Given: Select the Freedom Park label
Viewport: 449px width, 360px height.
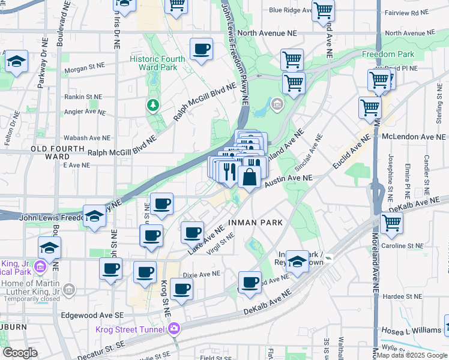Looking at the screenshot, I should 388,54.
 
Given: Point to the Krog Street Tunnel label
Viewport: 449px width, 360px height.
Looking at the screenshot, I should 131,329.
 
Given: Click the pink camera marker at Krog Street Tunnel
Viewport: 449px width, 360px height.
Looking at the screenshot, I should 174,328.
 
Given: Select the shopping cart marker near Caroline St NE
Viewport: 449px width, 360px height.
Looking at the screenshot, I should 391,223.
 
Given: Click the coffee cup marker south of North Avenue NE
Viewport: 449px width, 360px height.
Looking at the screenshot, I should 202,49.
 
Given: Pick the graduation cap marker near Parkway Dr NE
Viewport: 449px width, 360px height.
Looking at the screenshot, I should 16,61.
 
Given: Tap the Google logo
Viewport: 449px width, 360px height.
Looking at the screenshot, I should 20,353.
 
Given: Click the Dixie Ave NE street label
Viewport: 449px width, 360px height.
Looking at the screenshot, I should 202,274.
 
